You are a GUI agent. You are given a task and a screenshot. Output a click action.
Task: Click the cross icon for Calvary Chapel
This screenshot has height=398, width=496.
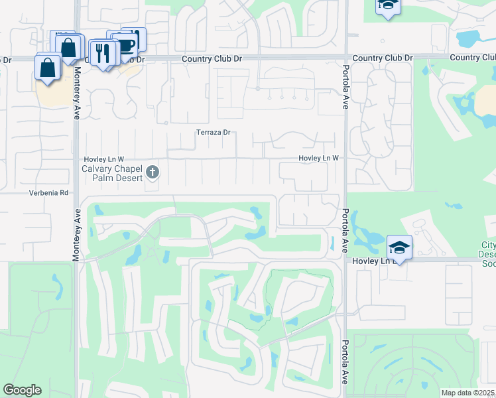[153, 172]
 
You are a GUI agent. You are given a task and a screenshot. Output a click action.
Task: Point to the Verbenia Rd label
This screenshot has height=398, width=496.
[48, 193]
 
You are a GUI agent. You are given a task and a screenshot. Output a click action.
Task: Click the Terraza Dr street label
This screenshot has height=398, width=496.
[213, 132]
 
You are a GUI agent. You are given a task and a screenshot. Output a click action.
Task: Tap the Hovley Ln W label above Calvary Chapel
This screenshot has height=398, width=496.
[103, 159]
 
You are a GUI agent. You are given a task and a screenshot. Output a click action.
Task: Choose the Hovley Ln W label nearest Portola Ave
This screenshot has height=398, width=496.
[318, 158]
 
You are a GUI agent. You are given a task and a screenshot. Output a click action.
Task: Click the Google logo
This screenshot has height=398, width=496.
[22, 389]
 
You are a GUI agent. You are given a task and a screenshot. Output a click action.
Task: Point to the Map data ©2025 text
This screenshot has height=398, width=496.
[467, 393]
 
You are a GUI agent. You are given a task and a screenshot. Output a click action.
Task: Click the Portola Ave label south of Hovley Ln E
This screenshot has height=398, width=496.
[345, 362]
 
